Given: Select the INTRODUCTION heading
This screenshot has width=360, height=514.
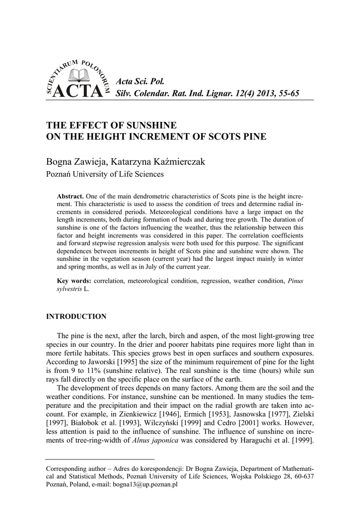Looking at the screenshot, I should tap(76, 317).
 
